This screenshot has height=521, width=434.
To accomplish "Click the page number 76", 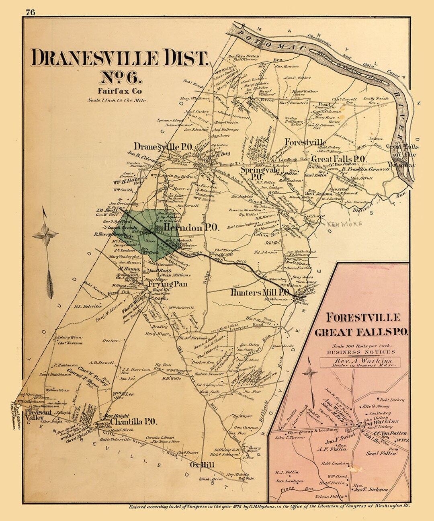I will (31, 12).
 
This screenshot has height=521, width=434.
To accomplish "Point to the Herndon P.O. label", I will (191, 228).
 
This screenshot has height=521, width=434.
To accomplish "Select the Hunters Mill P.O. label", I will (260, 292).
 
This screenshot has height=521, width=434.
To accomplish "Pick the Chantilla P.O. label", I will (133, 422).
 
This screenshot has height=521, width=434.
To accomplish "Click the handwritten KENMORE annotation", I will (344, 224).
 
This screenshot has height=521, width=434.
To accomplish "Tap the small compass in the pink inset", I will (310, 373).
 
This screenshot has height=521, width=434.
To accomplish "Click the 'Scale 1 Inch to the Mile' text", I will (117, 101).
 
